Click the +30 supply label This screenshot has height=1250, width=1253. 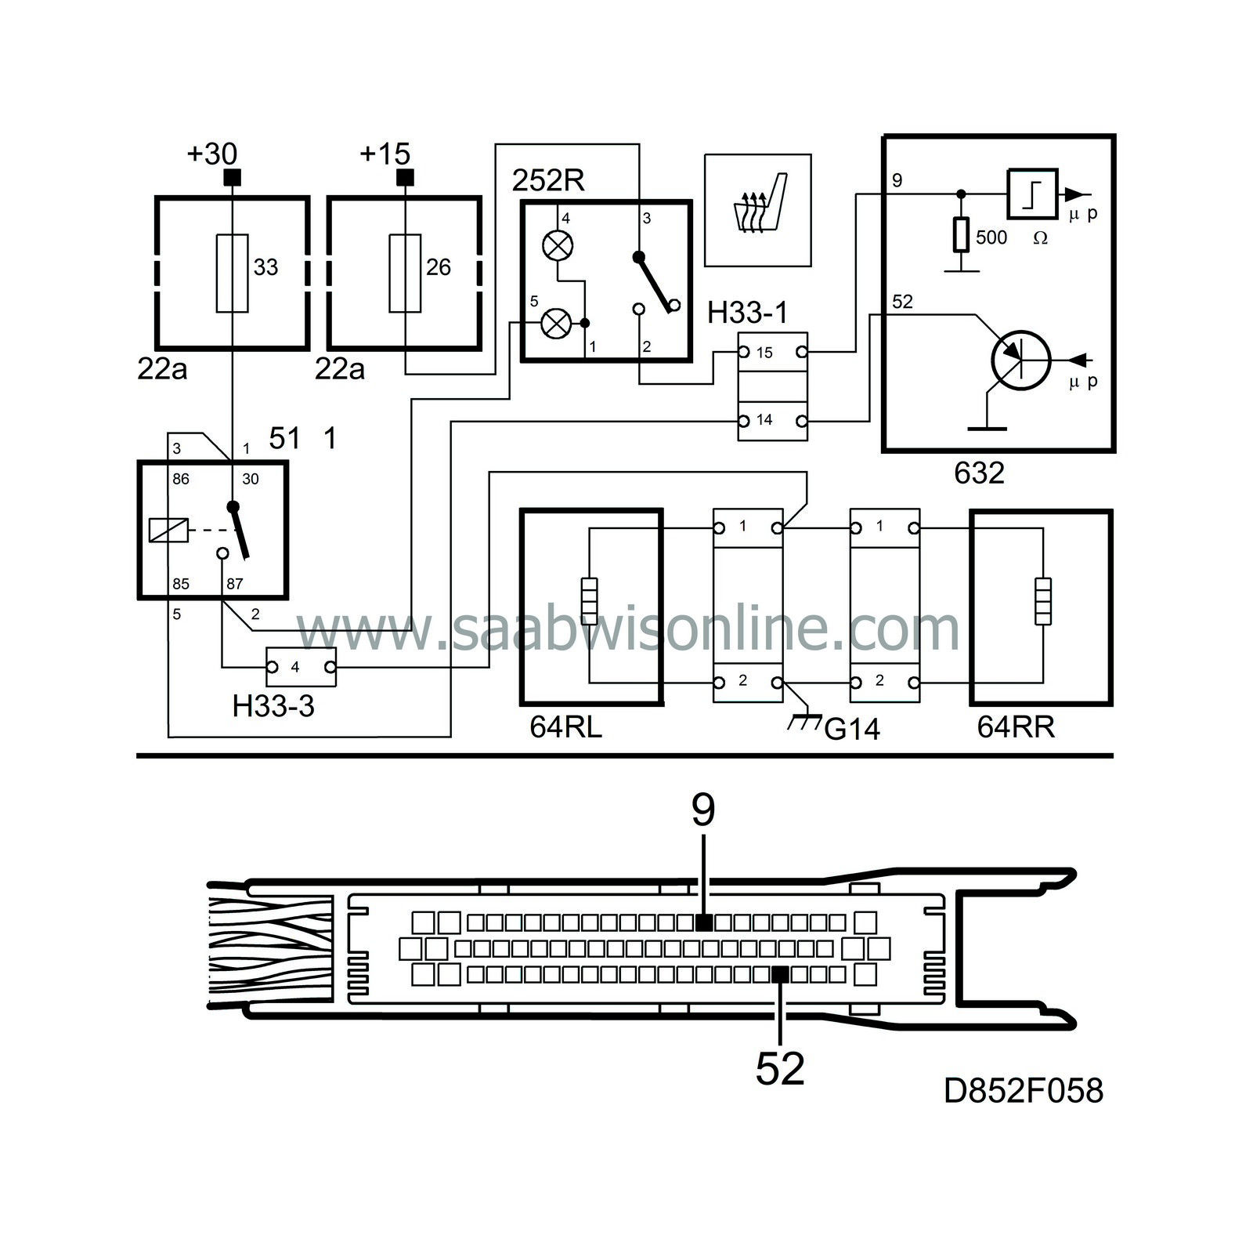coord(211,154)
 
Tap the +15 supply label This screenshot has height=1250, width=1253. coord(385,154)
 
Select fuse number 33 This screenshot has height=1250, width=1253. coord(232,273)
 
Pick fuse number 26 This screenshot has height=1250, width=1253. coord(405,273)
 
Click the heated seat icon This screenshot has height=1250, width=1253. coord(758,210)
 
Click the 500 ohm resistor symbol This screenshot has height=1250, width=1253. coord(961,235)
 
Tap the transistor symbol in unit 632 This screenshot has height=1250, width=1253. coord(1020,359)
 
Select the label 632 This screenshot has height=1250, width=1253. coord(979,473)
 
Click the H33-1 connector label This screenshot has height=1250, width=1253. coord(747,313)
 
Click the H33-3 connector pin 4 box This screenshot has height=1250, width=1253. coord(302,668)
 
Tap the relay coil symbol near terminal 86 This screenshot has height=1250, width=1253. coord(168,531)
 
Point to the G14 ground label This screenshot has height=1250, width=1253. coord(852,730)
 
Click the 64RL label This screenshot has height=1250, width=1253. coord(565,727)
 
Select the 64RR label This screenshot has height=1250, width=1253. coord(1016,727)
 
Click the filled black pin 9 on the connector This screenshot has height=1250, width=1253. coord(704,921)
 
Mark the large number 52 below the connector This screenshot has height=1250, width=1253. coord(780,1068)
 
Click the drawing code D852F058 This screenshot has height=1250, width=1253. coord(1024,1091)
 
